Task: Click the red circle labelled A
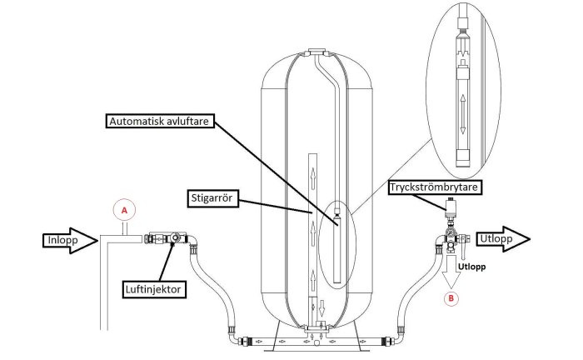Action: (124, 211)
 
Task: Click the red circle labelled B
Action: (451, 298)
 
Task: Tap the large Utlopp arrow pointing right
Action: (503, 239)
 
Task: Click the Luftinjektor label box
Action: (153, 290)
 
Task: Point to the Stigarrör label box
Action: (212, 198)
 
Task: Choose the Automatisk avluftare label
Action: (160, 121)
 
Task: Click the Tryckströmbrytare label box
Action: (434, 187)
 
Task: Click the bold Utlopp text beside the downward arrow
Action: (472, 267)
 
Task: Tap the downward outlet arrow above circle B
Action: (451, 272)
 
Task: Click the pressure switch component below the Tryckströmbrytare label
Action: (451, 207)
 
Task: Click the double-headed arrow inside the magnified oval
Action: (463, 114)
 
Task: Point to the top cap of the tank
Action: (316, 51)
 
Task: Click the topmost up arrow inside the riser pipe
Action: (313, 174)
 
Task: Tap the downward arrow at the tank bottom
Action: (322, 307)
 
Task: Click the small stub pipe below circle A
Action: (125, 228)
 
